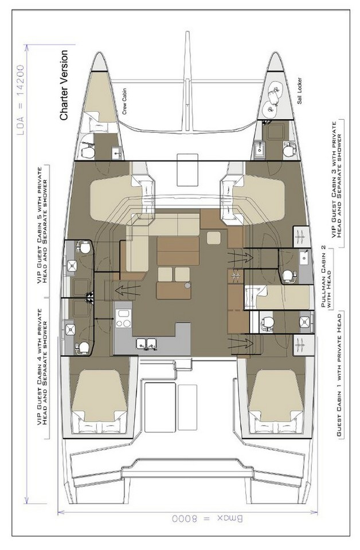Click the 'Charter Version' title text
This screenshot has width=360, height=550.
64,85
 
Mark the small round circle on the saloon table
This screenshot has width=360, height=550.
187,285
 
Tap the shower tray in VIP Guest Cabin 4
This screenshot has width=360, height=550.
72,329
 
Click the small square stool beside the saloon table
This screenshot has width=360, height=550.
214,238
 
